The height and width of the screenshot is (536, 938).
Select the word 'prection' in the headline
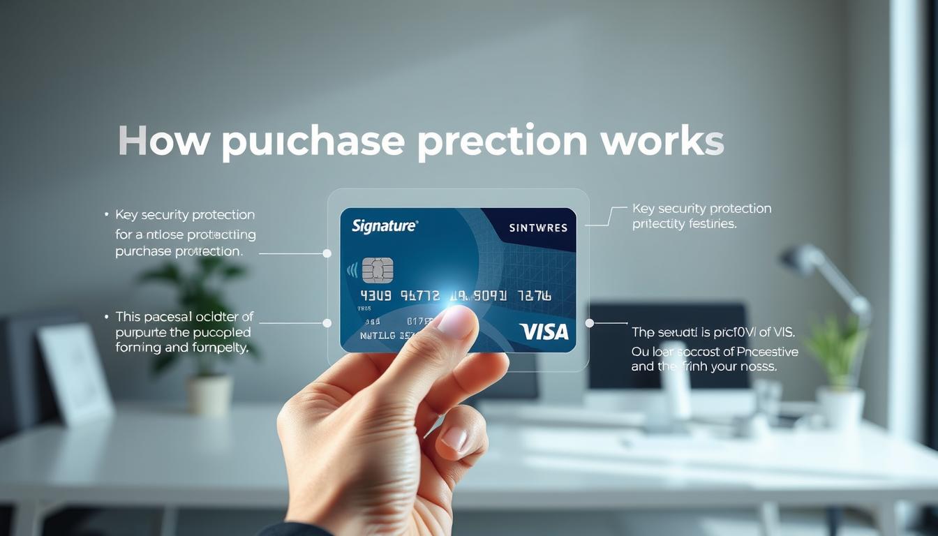point(502,142)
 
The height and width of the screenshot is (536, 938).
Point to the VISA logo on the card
point(544,332)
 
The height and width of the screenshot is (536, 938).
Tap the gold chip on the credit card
point(378,269)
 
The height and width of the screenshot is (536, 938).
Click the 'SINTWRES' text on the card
point(538,228)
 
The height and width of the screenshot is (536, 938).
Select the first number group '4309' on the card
point(375,296)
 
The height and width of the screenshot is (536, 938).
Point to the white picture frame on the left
point(75,373)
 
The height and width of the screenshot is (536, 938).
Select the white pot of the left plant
point(209,394)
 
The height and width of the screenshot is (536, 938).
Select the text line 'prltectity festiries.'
point(684,224)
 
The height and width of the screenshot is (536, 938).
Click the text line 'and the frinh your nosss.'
point(703,366)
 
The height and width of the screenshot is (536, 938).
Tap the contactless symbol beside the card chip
point(352,269)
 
